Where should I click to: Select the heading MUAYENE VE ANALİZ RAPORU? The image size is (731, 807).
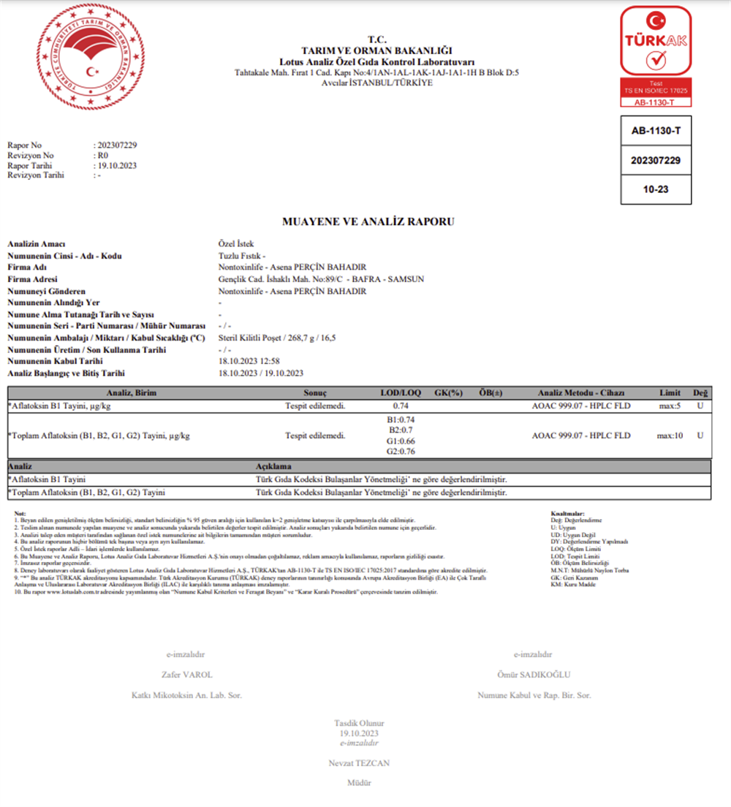pyautogui.click(x=368, y=221)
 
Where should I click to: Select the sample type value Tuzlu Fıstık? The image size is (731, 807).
pyautogui.click(x=238, y=256)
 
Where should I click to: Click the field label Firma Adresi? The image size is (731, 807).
pyautogui.click(x=32, y=279)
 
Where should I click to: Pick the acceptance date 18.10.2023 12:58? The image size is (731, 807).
pyautogui.click(x=250, y=361)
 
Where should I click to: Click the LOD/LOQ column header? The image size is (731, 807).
pyautogui.click(x=400, y=393)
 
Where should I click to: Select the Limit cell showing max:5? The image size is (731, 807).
pyautogui.click(x=670, y=405)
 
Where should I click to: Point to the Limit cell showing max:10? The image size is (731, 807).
pyautogui.click(x=670, y=436)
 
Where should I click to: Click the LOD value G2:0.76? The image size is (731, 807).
pyautogui.click(x=400, y=451)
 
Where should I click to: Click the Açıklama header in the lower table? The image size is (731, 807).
pyautogui.click(x=273, y=466)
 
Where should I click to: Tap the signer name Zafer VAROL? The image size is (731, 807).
pyautogui.click(x=186, y=675)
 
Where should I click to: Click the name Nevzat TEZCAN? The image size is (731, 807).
pyautogui.click(x=359, y=763)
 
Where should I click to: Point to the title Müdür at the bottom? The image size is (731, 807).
pyautogui.click(x=359, y=783)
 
